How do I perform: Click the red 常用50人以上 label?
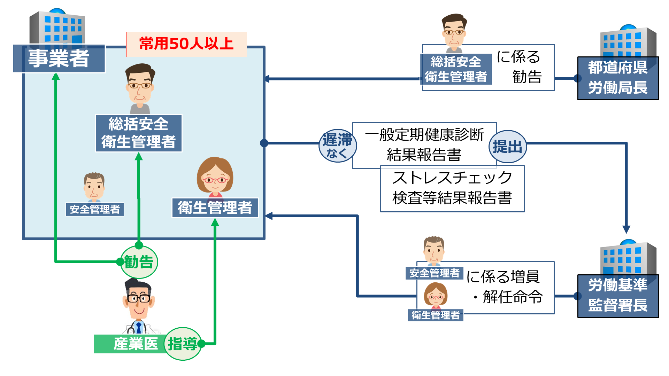tap(186, 44)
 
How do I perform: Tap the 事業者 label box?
tap(59, 58)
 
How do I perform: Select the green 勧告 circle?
tap(139, 262)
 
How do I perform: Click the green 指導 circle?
tap(183, 344)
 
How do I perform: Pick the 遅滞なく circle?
tap(337, 146)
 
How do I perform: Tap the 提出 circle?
tap(507, 147)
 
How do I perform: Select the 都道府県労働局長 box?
tap(618, 78)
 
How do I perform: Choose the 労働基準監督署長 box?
tap(618, 296)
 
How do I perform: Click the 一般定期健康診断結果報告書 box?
tap(424, 145)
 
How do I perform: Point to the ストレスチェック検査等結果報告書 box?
tap(452, 188)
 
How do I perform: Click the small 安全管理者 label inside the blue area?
tap(95, 209)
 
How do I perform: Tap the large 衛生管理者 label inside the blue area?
tap(215, 208)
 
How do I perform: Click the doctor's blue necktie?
tap(139, 328)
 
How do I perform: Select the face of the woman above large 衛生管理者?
tap(215, 178)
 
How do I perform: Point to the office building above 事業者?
tap(57, 28)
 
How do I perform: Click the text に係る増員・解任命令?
tap(504, 287)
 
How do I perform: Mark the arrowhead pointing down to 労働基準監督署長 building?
tap(626, 230)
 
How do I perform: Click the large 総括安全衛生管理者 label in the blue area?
tap(139, 133)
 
